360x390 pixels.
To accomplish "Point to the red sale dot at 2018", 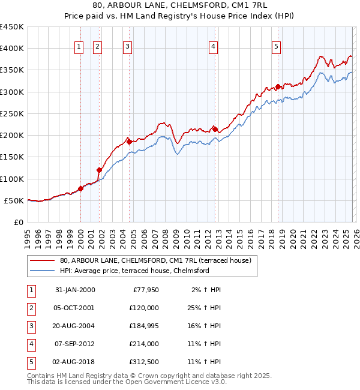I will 278,86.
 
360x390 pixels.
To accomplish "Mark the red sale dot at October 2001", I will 99,170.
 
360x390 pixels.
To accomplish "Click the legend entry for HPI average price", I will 134,271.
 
